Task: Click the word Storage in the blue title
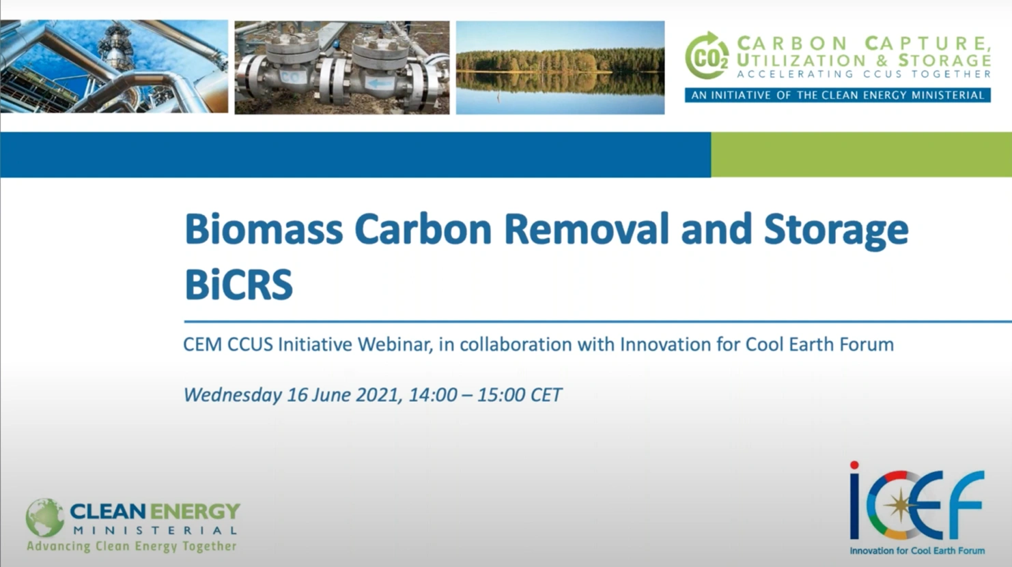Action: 836,231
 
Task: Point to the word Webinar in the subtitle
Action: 394,345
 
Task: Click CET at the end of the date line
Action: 546,395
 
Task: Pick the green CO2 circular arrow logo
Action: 707,57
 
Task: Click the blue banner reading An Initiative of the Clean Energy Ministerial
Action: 837,95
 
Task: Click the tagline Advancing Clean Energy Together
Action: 131,546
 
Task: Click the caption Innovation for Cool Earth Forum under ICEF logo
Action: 917,551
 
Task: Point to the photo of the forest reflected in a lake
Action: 560,67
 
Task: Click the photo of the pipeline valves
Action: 342,67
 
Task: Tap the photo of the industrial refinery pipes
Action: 113,66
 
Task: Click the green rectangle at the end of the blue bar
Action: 860,155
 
